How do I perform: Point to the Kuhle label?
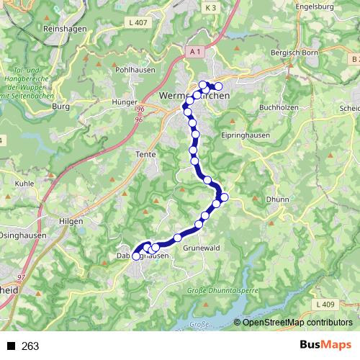(25, 184)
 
